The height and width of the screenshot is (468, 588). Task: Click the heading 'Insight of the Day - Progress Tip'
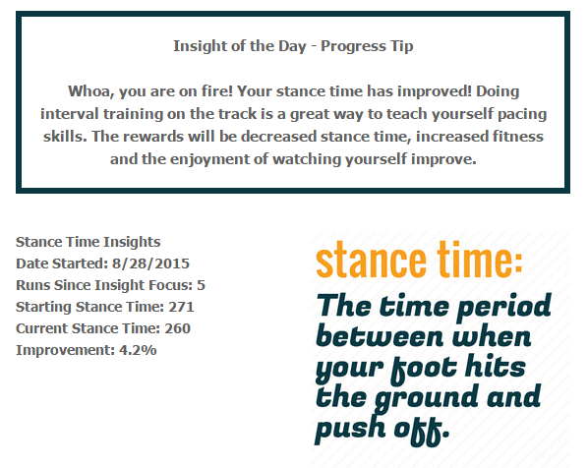(293, 45)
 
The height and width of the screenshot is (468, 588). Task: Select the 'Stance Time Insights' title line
(88, 242)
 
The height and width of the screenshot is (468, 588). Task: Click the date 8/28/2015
(152, 263)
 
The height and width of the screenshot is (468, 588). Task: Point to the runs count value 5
(201, 285)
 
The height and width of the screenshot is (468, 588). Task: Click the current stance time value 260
(178, 328)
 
